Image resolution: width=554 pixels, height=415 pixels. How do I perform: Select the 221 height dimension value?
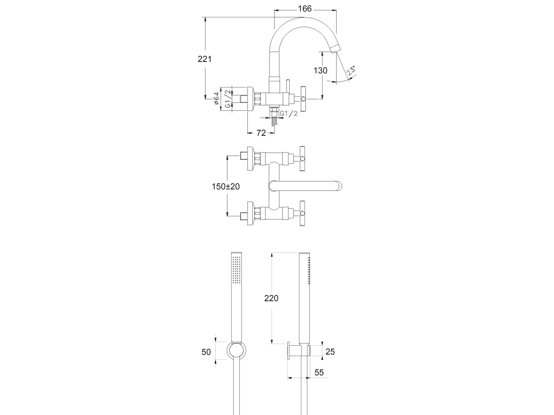205,59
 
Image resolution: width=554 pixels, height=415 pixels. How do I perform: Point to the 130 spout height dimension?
321,71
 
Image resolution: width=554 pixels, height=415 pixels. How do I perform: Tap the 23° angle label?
351,71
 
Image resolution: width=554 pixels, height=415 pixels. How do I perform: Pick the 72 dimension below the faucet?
261,133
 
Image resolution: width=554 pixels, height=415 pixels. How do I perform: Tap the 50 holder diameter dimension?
206,352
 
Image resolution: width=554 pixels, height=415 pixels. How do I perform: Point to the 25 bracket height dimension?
330,352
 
